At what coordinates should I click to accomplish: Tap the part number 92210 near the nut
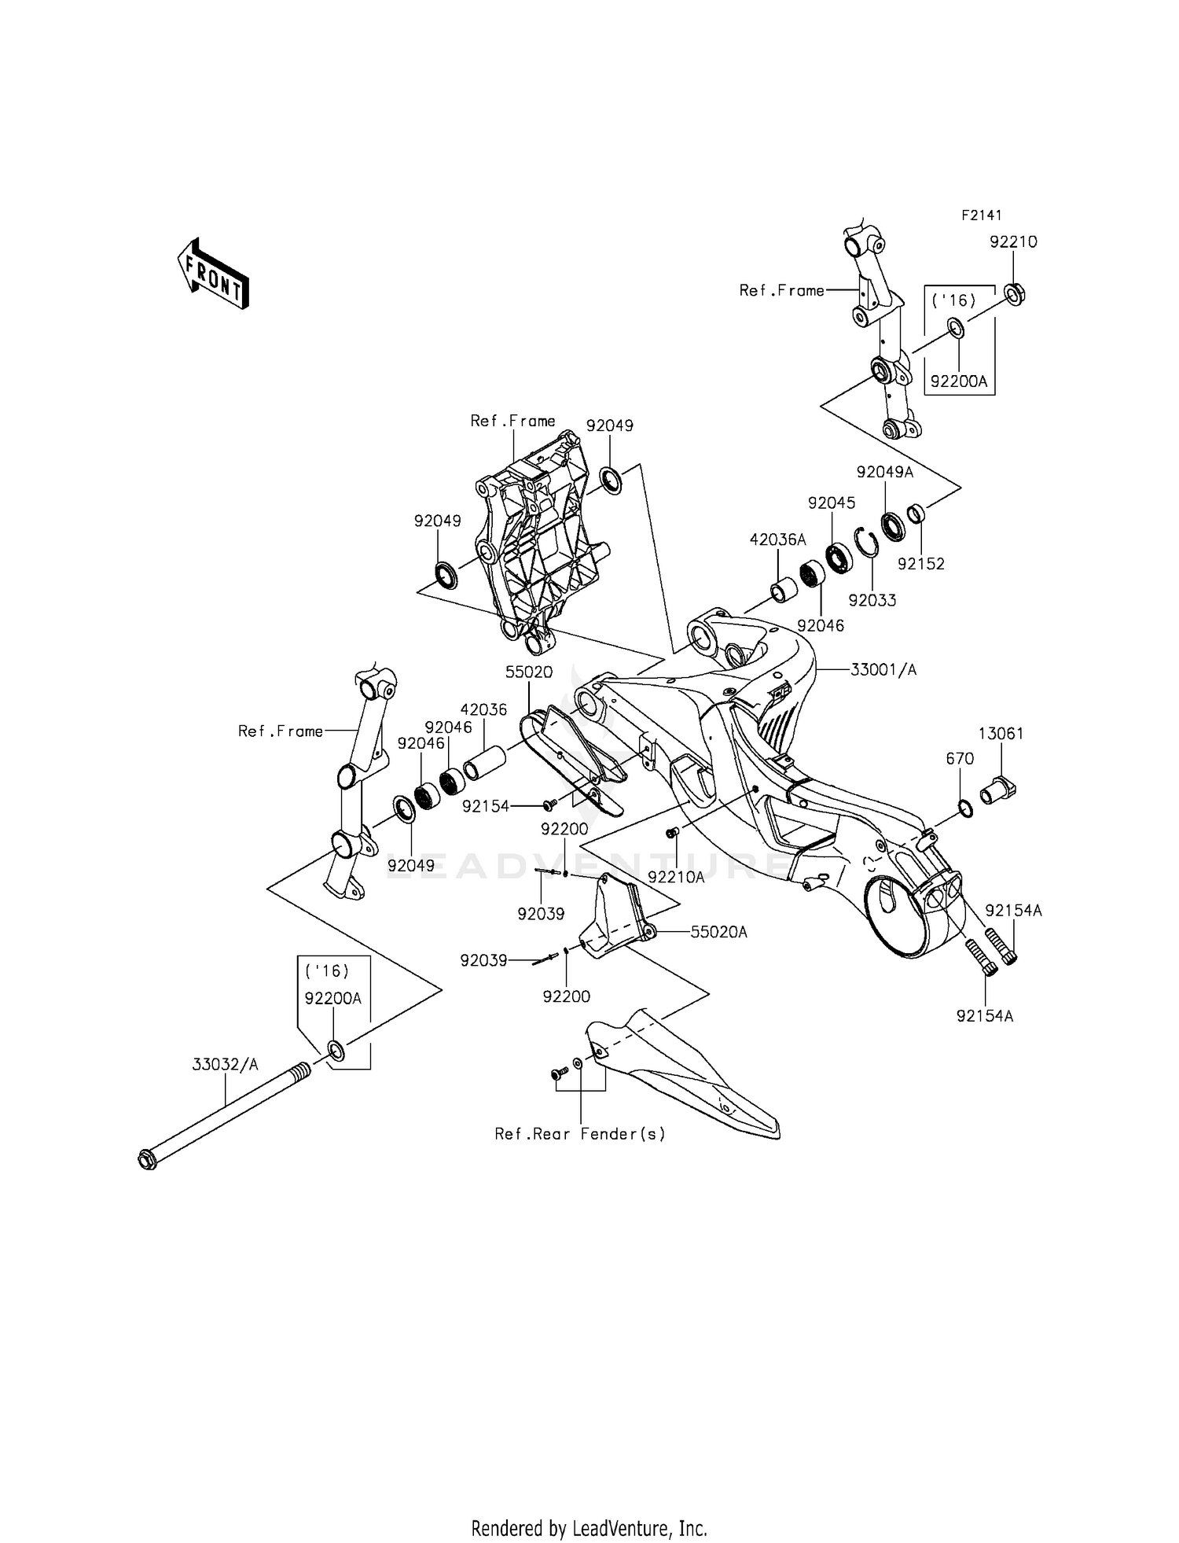tap(1013, 242)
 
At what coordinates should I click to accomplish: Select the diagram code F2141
tap(982, 215)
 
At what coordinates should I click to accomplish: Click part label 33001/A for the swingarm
tap(883, 670)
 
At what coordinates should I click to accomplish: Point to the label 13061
tap(1001, 734)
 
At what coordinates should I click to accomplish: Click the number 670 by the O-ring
tap(960, 759)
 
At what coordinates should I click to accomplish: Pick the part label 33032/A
tap(226, 1065)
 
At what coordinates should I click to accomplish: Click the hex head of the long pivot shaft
tap(147, 1158)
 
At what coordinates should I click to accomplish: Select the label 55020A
tap(718, 932)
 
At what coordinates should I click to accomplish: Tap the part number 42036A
tap(777, 540)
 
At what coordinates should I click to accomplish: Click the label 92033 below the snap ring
tap(872, 600)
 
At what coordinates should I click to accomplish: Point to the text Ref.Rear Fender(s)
tap(580, 1134)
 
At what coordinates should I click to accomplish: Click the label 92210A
tap(676, 876)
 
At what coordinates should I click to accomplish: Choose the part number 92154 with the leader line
tap(486, 806)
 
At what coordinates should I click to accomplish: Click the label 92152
tap(921, 564)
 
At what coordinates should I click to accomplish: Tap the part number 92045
tap(832, 503)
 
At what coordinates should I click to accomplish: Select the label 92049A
tap(885, 472)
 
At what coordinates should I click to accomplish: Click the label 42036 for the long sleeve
tap(483, 709)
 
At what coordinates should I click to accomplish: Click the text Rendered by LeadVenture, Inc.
tap(589, 1528)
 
